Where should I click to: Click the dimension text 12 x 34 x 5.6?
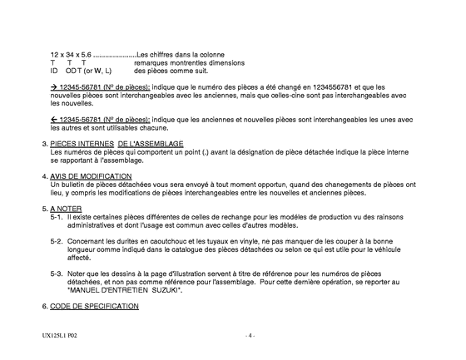(71, 55)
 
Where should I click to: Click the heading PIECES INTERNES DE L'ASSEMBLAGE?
(116, 144)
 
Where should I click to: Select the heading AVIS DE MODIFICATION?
(88, 176)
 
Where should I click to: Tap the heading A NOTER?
(66, 208)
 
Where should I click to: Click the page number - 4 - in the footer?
(249, 336)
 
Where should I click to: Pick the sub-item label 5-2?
(57, 240)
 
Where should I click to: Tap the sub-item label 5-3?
(57, 272)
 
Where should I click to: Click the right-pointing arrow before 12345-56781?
(54, 86)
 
